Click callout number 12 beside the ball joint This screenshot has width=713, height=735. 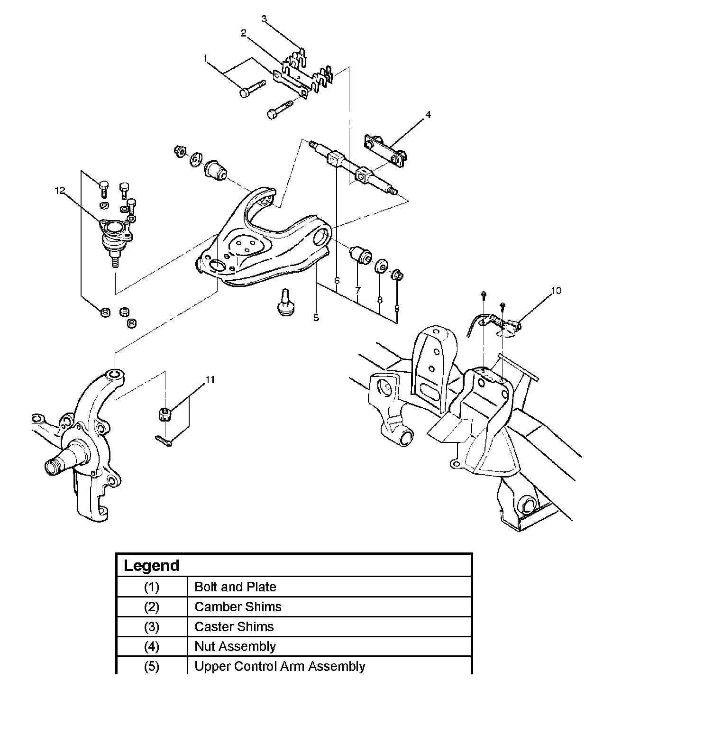pos(60,191)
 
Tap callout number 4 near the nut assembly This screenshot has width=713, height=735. pos(428,115)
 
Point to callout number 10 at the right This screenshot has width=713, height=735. pos(557,290)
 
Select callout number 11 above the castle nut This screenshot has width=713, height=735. pos(210,380)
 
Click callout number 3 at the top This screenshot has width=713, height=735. pos(264,19)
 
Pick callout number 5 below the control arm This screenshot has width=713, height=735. pos(316,318)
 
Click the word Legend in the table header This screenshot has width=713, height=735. pos(152,566)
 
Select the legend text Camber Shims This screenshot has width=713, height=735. pos(238,606)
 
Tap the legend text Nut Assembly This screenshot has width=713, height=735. pos(235,647)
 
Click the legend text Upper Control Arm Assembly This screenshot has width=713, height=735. pos(280,666)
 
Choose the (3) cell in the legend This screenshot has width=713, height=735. pos(152,627)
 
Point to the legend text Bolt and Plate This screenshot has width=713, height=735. pos(235,587)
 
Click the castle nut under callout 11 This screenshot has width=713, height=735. pos(165,413)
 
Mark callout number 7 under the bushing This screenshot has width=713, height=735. pos(358,290)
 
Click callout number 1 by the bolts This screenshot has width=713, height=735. pos(206,58)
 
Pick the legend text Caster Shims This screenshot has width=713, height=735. pos(234,627)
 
